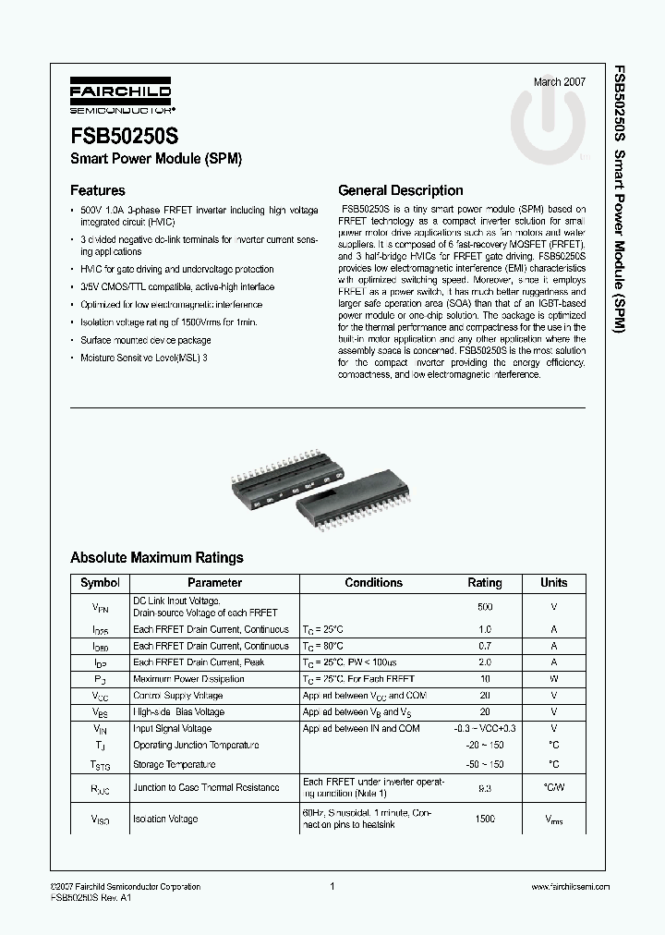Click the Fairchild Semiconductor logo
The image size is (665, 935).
coord(116,95)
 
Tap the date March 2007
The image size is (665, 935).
coord(560,82)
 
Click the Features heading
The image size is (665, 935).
coord(98,191)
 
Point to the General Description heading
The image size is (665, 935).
coord(401,191)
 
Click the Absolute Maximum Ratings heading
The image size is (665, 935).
coord(157,558)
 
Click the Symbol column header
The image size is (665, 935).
coord(100,583)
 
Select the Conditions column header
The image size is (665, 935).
coord(373,583)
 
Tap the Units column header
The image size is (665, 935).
coord(553,583)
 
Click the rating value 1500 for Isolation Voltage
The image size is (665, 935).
coord(485,820)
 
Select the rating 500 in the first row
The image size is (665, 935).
coord(485,607)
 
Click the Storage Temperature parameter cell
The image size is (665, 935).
coord(174,764)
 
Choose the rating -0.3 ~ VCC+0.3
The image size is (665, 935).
coord(485,729)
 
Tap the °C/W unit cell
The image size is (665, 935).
coord(553,787)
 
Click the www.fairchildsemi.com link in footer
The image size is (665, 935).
coord(571,886)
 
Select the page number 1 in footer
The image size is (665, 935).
coord(331,886)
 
